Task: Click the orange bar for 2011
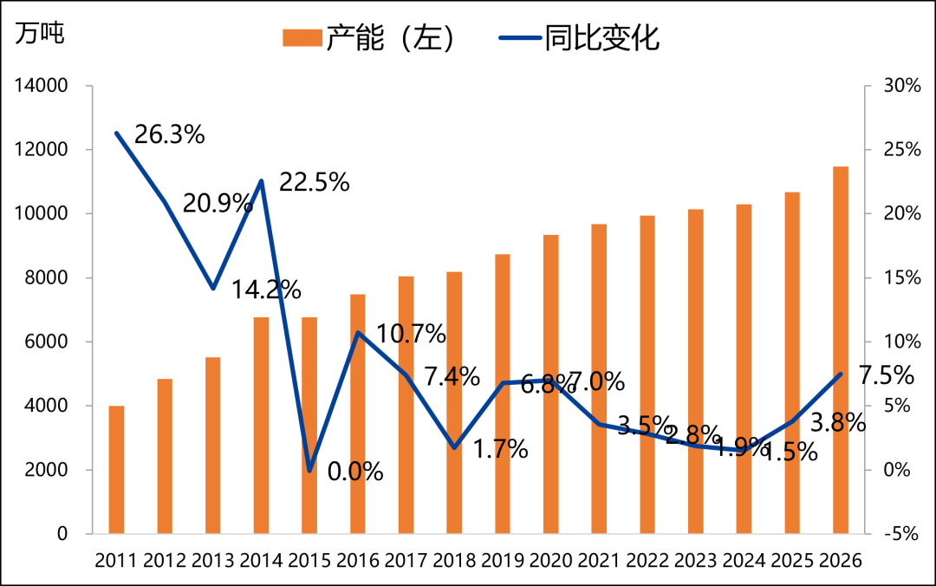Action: [116, 469]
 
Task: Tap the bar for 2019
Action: [503, 394]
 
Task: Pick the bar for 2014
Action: [261, 425]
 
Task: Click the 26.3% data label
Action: [170, 135]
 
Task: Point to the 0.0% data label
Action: [355, 472]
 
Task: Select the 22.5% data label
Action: [314, 183]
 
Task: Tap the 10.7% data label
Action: [411, 334]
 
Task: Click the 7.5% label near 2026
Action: [886, 376]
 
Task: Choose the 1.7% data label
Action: [500, 449]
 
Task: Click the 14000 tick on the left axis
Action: [39, 86]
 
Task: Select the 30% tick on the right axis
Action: [901, 86]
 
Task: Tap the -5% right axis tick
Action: [901, 534]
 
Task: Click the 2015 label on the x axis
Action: [309, 560]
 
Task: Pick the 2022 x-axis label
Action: [647, 560]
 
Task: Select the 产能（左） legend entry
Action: [369, 38]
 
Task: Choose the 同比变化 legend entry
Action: [580, 38]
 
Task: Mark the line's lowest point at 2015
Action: [309, 470]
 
